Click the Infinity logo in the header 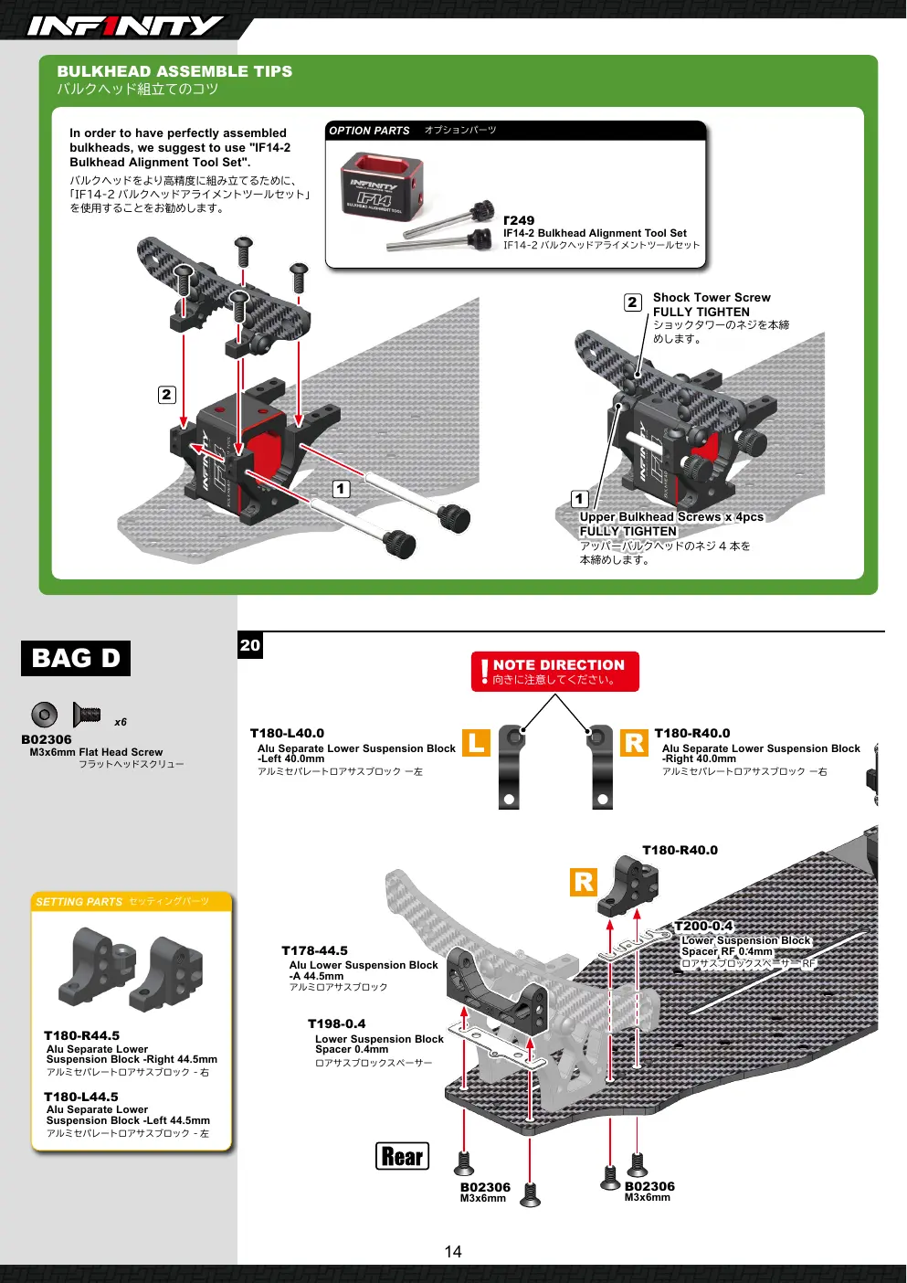tap(125, 26)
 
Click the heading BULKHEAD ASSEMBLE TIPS tap(174, 71)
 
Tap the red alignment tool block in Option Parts tap(382, 185)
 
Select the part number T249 tap(519, 220)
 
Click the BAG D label tap(76, 658)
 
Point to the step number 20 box tap(250, 645)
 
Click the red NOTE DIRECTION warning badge tap(554, 672)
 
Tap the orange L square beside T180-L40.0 tap(477, 743)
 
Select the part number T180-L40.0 tap(287, 733)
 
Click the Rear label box tap(402, 1156)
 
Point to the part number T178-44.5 tap(314, 950)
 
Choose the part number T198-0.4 tap(337, 1023)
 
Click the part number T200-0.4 tap(703, 927)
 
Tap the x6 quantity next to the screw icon tap(121, 722)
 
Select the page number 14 tap(453, 1252)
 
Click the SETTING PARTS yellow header tap(132, 902)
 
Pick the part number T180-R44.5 tap(82, 1035)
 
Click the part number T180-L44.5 tap(81, 1097)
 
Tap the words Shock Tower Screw tap(712, 297)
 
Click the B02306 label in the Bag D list tap(47, 739)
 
